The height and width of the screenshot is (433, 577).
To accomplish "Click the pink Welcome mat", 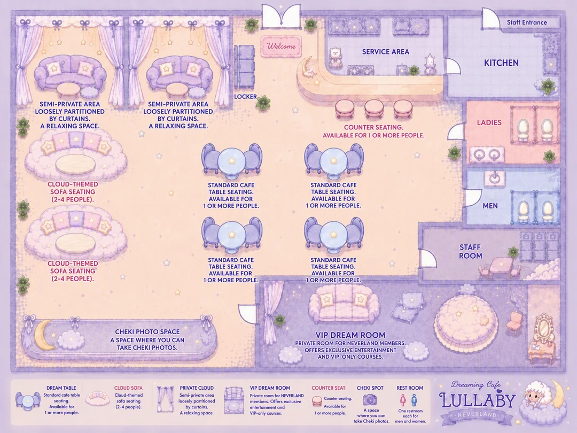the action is (281, 47).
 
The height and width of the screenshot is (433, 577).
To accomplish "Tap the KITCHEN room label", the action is (501, 63).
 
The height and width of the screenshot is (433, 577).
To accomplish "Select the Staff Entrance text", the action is (527, 22).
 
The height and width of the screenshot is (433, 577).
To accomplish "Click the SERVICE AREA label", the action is (386, 52).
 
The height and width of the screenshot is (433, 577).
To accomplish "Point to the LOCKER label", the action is (245, 96).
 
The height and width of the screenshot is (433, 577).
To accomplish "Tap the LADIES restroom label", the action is (489, 122).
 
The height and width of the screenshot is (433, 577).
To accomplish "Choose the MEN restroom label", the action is (490, 206).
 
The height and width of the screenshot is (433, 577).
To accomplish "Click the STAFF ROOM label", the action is (470, 251).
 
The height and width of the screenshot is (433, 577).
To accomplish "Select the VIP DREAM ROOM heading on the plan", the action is (350, 335).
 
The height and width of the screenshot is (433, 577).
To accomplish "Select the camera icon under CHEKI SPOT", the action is (370, 399).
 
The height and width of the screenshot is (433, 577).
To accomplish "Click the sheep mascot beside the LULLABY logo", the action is (534, 399).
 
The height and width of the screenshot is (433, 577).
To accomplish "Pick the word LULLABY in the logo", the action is (477, 400).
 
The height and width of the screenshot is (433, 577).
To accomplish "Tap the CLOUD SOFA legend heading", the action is (128, 388).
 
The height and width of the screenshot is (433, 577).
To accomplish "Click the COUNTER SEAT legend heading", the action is (328, 388).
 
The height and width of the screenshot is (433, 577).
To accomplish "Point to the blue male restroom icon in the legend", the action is (415, 400).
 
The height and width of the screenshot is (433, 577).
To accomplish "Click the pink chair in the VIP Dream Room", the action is (514, 322).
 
